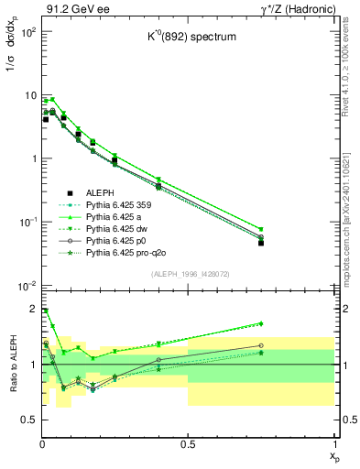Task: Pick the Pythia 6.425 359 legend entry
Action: coord(95,205)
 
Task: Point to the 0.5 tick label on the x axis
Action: coord(188,442)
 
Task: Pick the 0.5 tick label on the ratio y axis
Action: coord(27,420)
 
